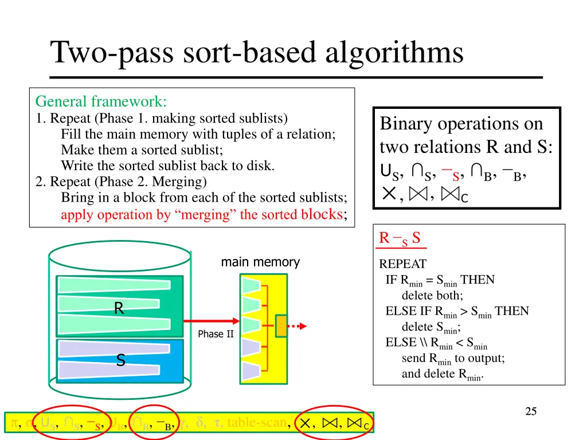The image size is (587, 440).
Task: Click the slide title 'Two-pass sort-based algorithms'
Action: tap(257, 53)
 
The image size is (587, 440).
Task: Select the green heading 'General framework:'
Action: tap(101, 102)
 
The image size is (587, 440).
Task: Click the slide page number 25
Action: tap(531, 411)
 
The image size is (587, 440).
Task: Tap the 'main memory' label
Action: tap(260, 262)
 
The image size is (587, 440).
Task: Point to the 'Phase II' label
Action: tap(216, 334)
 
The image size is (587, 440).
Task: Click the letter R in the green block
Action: tap(119, 309)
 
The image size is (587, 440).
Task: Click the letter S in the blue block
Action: tap(120, 360)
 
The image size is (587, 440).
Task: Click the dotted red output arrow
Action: tap(296, 326)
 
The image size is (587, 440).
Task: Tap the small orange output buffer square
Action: tap(281, 325)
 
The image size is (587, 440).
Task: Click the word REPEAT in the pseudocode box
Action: tap(402, 265)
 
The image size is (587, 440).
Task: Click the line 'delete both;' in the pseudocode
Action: tap(432, 296)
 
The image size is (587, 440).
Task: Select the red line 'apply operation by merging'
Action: tap(204, 215)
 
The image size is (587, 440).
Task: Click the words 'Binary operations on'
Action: tap(461, 124)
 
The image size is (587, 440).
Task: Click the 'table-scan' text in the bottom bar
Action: tap(257, 423)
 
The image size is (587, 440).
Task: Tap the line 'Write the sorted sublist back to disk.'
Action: tap(168, 166)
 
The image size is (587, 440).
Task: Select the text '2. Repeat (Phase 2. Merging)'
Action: tap(121, 182)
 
